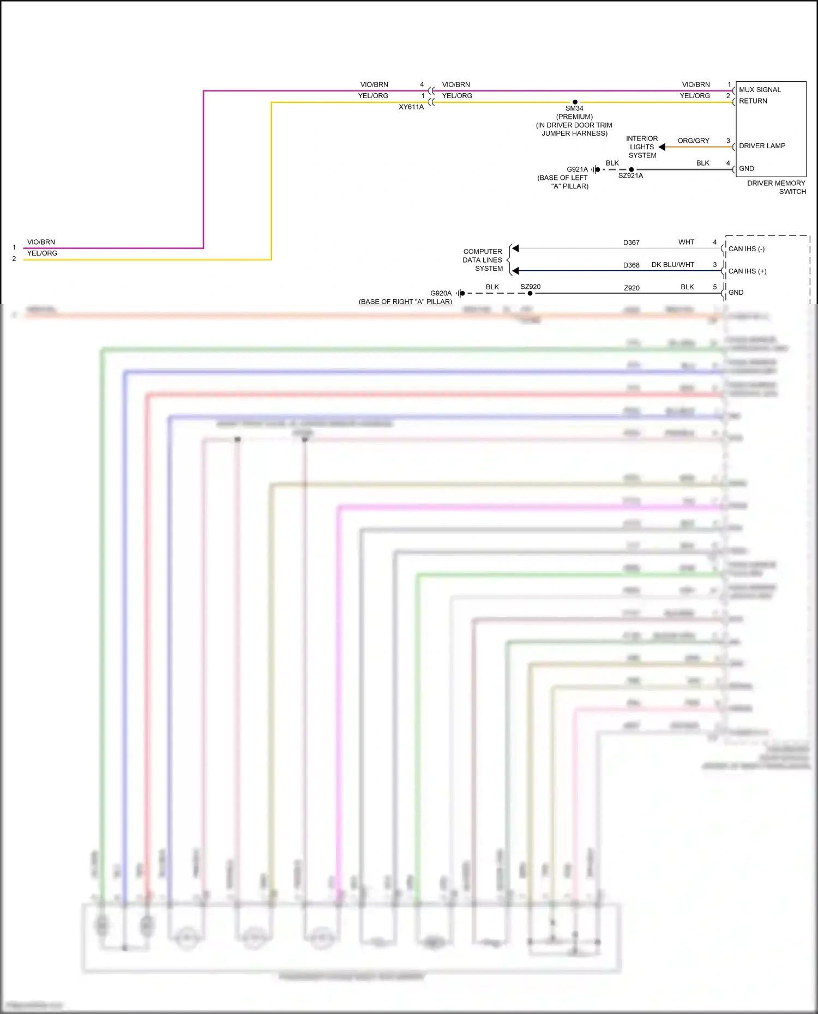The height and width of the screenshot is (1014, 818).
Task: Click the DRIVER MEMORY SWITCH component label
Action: point(776,187)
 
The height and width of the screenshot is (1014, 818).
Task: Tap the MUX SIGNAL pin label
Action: point(760,90)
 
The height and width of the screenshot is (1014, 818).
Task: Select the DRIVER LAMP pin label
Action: point(762,146)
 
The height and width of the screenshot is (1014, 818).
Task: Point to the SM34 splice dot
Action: point(575,102)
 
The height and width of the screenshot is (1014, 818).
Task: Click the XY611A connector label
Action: point(411,107)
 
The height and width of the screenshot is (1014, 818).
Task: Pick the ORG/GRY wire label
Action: point(693,141)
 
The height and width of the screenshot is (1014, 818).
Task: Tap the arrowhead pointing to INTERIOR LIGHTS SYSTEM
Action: point(662,147)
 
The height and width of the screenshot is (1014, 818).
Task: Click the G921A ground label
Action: point(577,169)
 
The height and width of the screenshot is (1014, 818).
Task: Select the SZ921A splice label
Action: point(630,176)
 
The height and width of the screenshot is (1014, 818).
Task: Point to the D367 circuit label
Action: point(631,242)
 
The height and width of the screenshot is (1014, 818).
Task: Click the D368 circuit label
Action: point(631,265)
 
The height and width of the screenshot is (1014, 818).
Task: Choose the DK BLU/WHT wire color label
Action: point(672,265)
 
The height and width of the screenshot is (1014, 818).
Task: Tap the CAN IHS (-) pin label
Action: point(746,249)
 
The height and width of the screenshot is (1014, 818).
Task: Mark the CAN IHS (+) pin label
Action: point(747,271)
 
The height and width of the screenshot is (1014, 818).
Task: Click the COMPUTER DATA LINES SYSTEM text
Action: point(483,260)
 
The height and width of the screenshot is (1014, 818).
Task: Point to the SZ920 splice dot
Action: point(530,293)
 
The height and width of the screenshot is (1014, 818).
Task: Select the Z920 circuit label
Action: point(631,288)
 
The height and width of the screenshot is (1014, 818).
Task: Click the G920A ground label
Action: point(441,293)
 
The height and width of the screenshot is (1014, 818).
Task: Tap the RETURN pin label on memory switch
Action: point(753,101)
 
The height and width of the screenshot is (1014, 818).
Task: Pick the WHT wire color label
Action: point(686,242)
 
